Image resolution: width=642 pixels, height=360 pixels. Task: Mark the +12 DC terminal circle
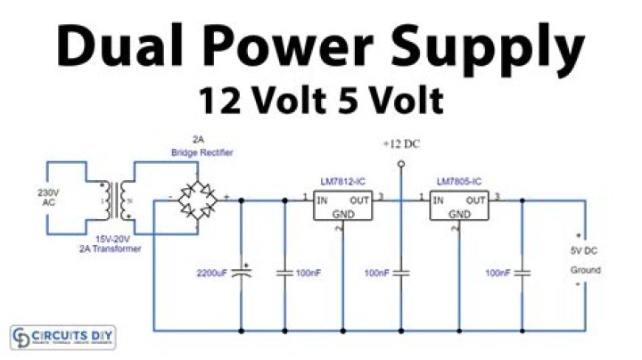click(401, 164)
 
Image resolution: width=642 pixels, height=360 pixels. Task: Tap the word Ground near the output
click(585, 269)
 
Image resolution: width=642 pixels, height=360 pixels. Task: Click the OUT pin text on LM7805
click(476, 200)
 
